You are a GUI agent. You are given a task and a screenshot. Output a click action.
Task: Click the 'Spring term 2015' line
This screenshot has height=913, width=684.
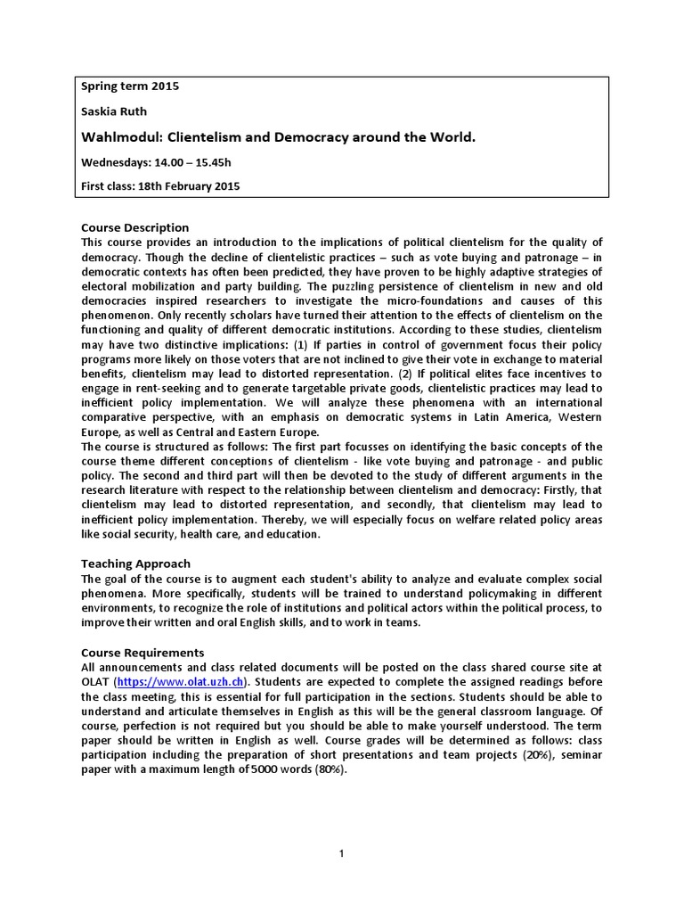click(x=130, y=88)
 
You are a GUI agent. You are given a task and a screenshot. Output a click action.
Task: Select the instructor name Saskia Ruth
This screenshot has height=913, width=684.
click(x=114, y=113)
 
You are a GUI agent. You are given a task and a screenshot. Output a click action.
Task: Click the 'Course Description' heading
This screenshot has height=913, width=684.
click(x=135, y=227)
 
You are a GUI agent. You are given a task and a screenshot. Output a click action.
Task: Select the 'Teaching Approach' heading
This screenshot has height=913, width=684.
click(x=136, y=563)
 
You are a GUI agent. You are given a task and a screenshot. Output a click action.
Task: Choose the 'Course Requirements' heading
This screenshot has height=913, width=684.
click(x=142, y=652)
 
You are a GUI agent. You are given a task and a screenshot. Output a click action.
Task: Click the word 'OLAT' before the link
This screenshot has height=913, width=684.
click(x=95, y=682)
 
